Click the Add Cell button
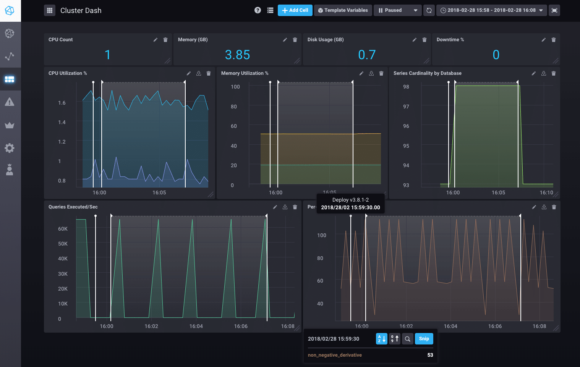tap(295, 10)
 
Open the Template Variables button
tap(343, 10)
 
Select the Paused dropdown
tap(397, 10)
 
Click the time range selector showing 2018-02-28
tap(491, 10)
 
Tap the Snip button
tap(424, 339)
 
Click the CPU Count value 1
tap(108, 55)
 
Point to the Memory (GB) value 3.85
tap(237, 55)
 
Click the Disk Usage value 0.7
tap(367, 55)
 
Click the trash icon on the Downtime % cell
tap(554, 40)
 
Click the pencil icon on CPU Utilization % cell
tap(188, 73)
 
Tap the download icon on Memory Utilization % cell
tap(371, 73)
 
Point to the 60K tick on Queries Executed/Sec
tap(63, 229)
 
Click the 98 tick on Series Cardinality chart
tap(406, 87)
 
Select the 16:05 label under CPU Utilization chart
tap(159, 192)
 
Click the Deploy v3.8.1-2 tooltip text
tap(350, 200)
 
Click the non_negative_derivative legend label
tap(335, 355)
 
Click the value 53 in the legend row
tap(430, 355)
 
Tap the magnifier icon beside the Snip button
tap(408, 339)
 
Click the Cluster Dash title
tap(81, 10)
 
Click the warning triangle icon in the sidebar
tap(10, 102)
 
